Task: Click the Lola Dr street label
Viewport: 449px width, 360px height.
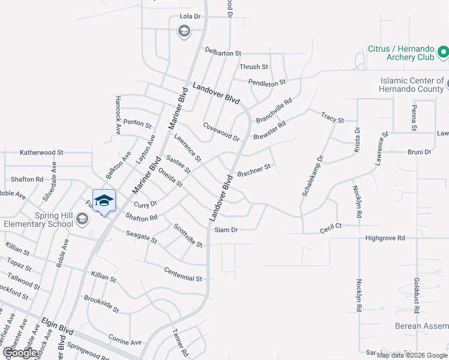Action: (191, 17)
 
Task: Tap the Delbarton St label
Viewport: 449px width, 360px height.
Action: (223, 53)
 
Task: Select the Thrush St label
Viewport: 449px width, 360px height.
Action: (253, 67)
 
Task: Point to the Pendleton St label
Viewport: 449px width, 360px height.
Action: (267, 82)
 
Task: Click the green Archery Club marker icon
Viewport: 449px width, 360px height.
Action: (444, 53)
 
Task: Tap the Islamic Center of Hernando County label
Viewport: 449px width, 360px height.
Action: (412, 85)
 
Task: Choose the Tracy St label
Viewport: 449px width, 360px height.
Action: (332, 117)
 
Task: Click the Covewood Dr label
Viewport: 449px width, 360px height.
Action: (221, 131)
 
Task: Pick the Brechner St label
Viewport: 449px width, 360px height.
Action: (255, 170)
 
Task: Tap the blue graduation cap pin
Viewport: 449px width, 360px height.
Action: (104, 201)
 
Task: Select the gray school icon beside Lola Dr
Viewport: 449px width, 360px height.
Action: (184, 31)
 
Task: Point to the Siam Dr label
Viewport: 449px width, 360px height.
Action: (226, 230)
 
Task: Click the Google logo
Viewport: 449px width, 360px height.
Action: (20, 352)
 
